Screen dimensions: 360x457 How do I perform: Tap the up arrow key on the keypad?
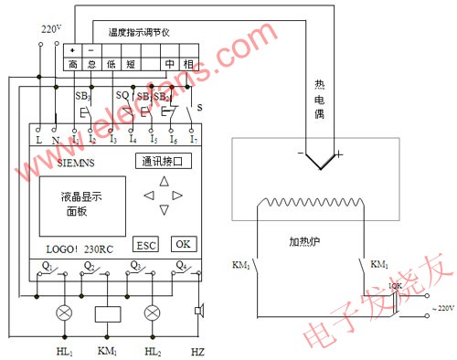coord(165,180)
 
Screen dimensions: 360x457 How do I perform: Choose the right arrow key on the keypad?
coord(179,196)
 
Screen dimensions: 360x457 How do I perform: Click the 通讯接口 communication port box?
coord(165,162)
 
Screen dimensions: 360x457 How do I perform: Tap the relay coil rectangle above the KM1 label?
coord(108,313)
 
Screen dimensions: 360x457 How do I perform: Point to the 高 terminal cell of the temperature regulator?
coord(72,64)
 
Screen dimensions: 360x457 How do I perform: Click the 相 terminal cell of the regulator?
coord(189,64)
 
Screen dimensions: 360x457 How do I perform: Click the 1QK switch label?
coord(395,286)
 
